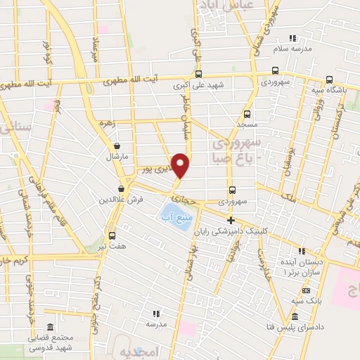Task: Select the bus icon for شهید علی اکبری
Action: point(199,75)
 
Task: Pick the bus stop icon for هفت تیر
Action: point(112,236)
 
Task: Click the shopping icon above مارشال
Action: point(116,146)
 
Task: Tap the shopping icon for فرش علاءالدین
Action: point(122,188)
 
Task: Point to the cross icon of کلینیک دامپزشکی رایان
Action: point(231,220)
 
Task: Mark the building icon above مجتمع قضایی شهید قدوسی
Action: point(50,328)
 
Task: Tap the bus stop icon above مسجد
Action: point(247,113)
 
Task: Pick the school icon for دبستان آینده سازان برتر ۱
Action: point(302,251)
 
